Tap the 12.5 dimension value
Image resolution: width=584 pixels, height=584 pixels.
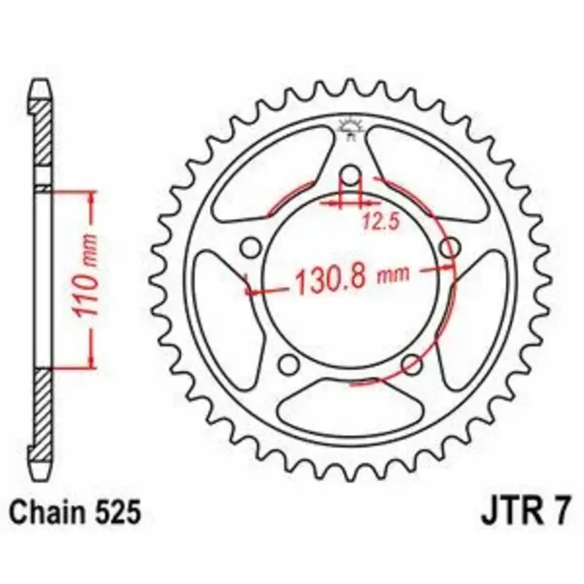pos(380,223)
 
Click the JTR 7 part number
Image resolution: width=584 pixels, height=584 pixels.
pos(525,512)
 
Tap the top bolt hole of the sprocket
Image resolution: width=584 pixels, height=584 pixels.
pos(350,175)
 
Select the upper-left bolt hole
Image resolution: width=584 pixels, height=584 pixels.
pos(251,247)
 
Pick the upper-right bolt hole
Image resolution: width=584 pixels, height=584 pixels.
pos(450,247)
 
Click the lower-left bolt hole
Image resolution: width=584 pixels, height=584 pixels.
pos(289,364)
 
